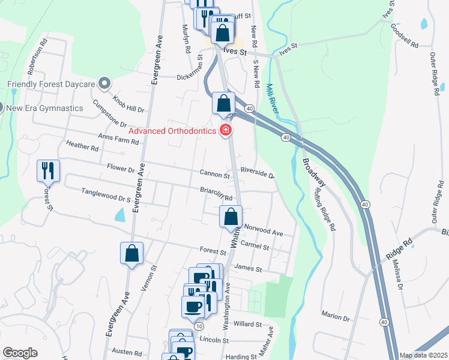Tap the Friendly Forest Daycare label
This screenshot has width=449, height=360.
click(x=52, y=84)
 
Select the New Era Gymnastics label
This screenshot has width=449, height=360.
click(x=44, y=107)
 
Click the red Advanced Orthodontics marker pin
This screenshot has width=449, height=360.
click(x=226, y=130)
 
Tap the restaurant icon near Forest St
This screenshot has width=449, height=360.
click(x=48, y=171)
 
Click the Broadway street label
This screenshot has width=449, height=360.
click(x=313, y=173)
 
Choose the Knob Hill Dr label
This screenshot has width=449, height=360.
click(x=128, y=103)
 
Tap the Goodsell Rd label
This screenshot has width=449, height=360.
click(x=404, y=35)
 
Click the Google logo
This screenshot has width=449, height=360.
click(x=20, y=353)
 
